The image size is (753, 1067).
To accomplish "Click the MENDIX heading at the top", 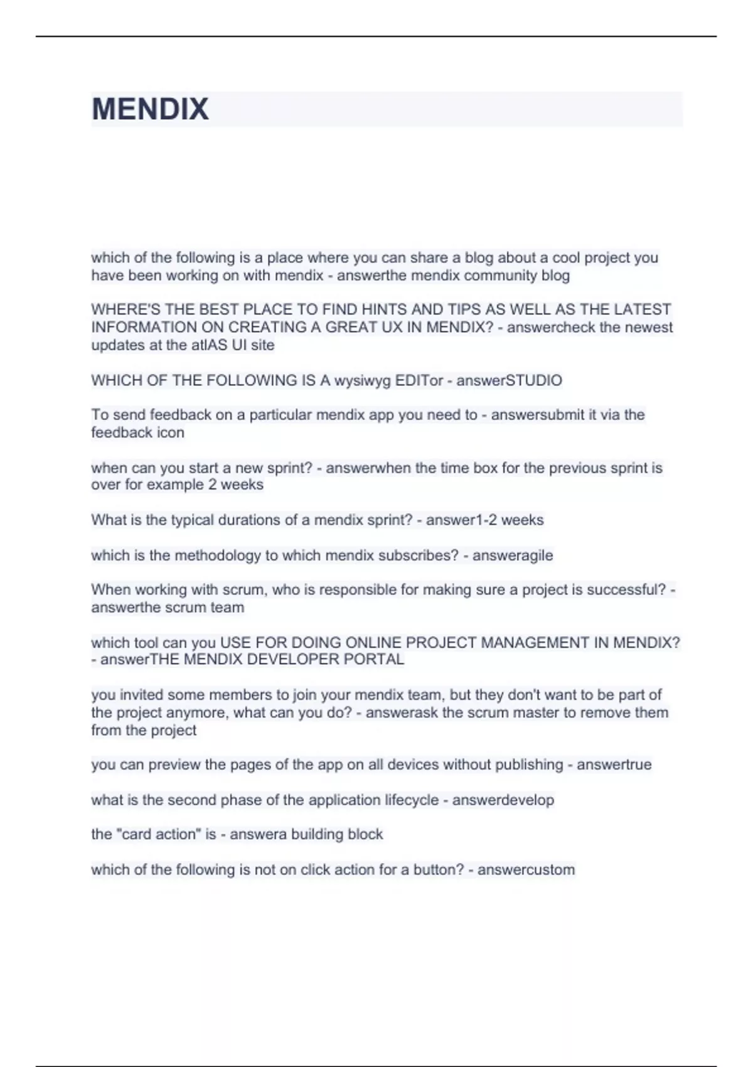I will coord(150,109).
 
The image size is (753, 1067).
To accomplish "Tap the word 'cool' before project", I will coord(566,258).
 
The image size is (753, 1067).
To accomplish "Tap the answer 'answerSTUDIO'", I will coord(509,380).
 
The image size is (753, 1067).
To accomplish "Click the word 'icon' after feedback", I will coord(170,432).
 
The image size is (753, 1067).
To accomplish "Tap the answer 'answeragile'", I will coord(512,555).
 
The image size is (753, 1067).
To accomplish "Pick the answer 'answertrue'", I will coord(614,764).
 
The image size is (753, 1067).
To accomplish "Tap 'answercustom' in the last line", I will coord(526,870).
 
